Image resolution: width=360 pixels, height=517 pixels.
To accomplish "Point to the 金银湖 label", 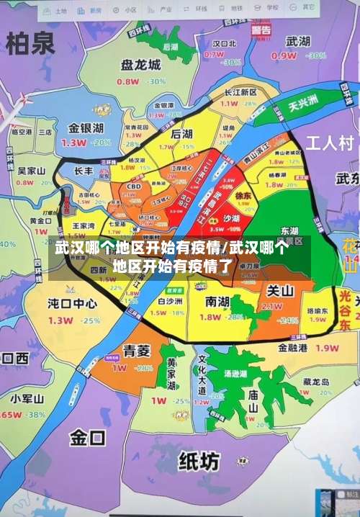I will (x=86, y=128).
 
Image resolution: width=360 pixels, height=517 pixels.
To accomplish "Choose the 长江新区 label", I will (x=240, y=92).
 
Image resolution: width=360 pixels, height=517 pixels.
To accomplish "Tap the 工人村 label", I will (x=330, y=142).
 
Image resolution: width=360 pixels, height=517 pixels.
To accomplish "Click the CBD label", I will (x=133, y=186).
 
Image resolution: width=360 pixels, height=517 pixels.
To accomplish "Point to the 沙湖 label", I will (x=231, y=218).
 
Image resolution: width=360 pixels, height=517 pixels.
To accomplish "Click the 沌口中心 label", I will (x=72, y=302).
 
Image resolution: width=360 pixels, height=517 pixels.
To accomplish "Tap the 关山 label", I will (x=280, y=291).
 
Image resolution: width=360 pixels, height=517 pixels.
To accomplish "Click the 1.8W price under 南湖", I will (x=210, y=317).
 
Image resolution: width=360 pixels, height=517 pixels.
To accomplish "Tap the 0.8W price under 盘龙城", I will (x=127, y=81).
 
